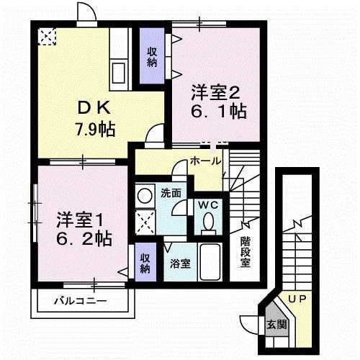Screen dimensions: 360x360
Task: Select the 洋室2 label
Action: tap(214, 92)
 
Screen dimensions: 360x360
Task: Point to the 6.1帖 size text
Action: tap(218, 112)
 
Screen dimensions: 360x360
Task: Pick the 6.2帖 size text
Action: tap(84, 237)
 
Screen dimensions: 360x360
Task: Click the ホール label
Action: tap(205, 162)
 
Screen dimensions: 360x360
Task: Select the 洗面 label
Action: tap(170, 193)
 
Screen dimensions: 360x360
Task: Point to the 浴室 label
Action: tap(179, 264)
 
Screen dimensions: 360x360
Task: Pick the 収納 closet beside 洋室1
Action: tap(145, 264)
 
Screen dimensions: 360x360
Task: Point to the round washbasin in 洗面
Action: tap(144, 194)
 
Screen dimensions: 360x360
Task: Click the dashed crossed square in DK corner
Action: tap(47, 36)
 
